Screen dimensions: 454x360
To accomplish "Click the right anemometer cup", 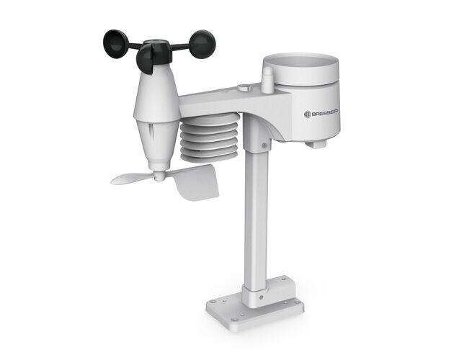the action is [x=202, y=44].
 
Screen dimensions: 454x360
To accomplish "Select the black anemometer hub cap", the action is [x=158, y=50].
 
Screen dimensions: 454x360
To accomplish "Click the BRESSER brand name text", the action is [x=325, y=114].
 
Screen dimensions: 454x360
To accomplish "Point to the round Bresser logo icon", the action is [x=308, y=114].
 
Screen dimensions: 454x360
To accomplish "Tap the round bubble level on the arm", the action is [x=244, y=87].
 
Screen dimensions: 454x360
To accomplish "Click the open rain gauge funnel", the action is [x=301, y=69].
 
